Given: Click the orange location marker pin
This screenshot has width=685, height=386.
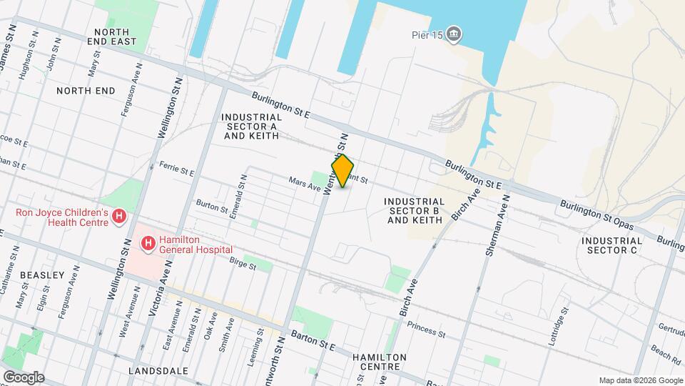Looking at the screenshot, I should pos(343,171).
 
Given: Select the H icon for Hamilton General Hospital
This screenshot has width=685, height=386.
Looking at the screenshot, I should pos(148,244).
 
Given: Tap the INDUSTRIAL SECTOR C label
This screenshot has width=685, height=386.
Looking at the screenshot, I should pos(612,245).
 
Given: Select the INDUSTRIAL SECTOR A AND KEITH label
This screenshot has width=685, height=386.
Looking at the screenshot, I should pos(250,126).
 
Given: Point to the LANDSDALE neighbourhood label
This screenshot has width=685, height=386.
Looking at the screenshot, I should pos(158,371).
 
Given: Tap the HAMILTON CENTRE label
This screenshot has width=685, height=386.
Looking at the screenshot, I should pos(379,362).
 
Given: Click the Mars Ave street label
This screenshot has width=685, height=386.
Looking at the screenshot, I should pos(305,185).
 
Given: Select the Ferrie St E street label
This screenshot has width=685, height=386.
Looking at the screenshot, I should pos(177,172).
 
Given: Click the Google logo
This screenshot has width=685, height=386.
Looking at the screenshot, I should pos(23,377).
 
